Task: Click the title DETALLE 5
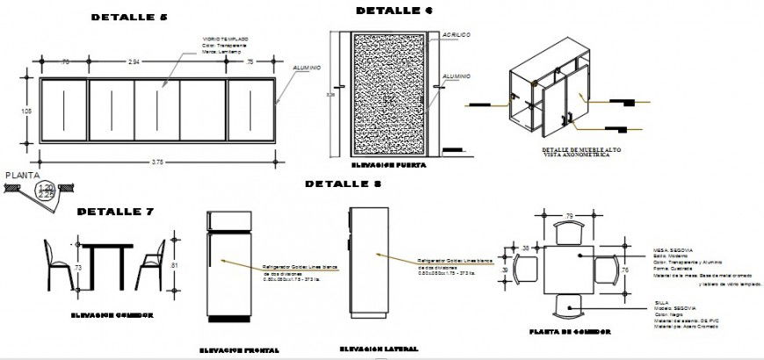pyautogui.click(x=129, y=18)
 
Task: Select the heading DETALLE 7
pyautogui.click(x=116, y=212)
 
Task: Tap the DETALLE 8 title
pyautogui.click(x=343, y=184)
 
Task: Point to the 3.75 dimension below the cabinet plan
pyautogui.click(x=158, y=162)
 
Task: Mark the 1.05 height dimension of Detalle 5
pyautogui.click(x=26, y=111)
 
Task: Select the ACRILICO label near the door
pyautogui.click(x=457, y=34)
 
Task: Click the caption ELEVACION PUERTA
pyautogui.click(x=388, y=165)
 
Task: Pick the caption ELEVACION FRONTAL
pyautogui.click(x=239, y=350)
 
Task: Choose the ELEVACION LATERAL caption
pyautogui.click(x=378, y=349)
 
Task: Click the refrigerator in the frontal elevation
pyautogui.click(x=223, y=268)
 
